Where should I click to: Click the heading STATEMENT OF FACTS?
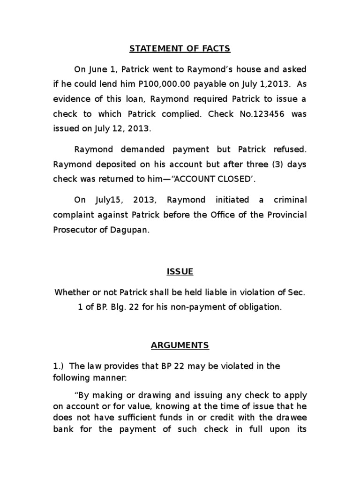(x=180, y=48)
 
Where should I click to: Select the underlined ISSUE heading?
(x=180, y=271)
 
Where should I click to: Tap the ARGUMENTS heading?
(x=180, y=345)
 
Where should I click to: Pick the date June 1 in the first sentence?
(x=97, y=69)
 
